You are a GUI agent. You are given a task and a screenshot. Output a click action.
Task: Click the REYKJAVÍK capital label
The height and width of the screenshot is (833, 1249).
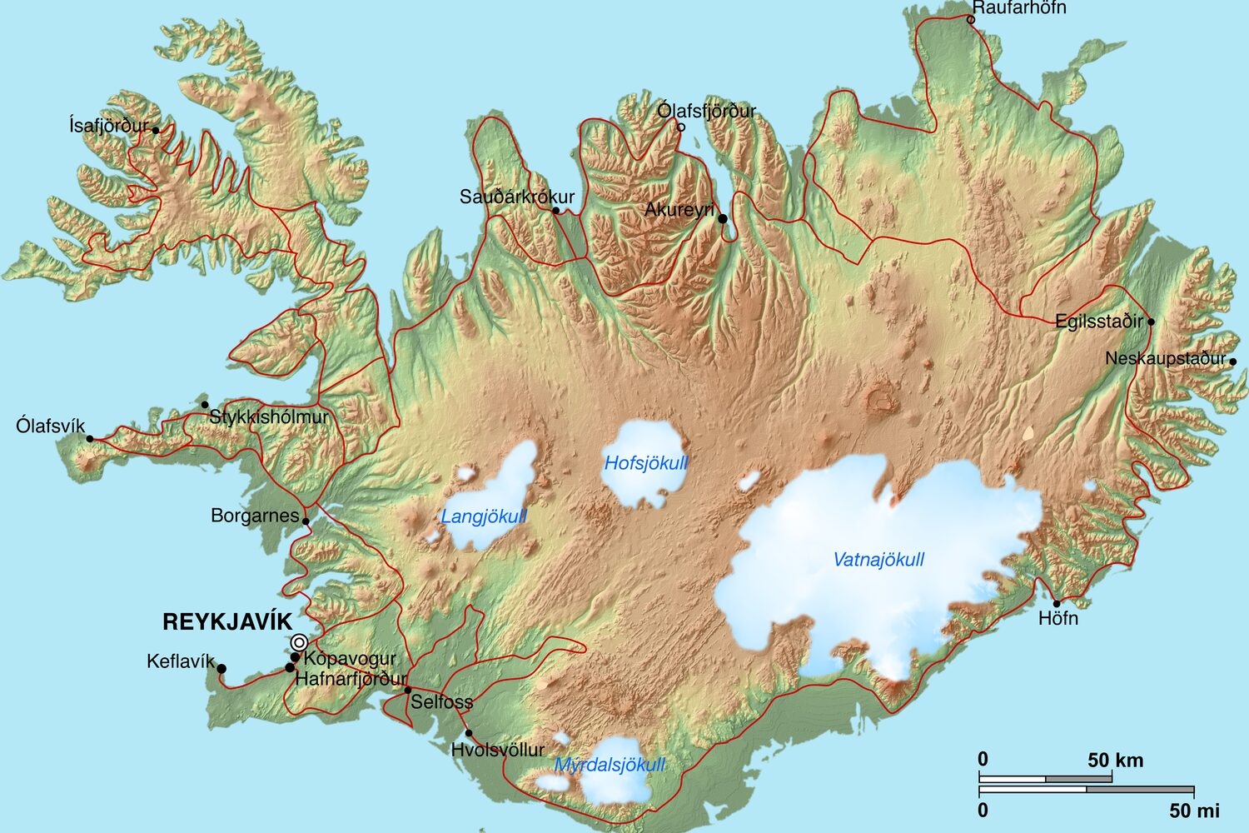(227, 622)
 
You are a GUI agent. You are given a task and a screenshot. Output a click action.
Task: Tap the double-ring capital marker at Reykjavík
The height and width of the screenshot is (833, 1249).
(299, 642)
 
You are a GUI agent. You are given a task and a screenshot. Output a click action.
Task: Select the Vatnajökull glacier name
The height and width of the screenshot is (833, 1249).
(878, 560)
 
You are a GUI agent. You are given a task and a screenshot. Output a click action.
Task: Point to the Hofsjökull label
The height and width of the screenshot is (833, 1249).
(646, 463)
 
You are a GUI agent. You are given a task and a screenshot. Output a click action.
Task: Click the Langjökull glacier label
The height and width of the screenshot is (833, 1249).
(484, 516)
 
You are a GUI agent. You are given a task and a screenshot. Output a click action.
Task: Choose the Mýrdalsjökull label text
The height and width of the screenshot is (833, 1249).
(610, 765)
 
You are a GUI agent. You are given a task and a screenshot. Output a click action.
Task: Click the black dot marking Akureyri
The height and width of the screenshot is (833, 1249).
(723, 219)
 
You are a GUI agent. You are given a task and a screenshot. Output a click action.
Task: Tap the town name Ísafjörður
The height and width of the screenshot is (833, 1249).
(108, 126)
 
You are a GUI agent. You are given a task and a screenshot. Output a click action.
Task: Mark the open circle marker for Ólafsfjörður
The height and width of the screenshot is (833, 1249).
(680, 127)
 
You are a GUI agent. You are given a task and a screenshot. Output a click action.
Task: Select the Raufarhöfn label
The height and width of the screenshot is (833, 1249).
(1019, 8)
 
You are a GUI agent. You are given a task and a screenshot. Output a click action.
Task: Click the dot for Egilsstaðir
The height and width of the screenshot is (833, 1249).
(1151, 322)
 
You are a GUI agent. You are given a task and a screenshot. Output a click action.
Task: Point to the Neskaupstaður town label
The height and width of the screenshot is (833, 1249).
(1165, 359)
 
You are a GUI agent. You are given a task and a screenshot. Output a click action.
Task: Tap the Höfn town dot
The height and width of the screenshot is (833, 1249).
(1057, 604)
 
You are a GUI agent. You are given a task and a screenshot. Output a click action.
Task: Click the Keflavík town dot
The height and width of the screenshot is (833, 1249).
(221, 668)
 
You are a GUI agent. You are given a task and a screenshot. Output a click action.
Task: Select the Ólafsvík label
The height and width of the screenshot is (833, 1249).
(50, 426)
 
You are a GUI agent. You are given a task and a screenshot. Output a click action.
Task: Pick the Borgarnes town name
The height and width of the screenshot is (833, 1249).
(254, 516)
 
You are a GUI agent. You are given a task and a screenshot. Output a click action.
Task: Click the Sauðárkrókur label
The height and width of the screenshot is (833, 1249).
(517, 197)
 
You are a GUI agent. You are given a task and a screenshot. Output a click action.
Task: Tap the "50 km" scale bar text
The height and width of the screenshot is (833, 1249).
(1115, 761)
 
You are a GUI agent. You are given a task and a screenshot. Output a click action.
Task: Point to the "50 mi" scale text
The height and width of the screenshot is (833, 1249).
(1194, 811)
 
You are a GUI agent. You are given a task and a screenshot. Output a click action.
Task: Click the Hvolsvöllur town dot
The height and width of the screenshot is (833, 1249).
(469, 734)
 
